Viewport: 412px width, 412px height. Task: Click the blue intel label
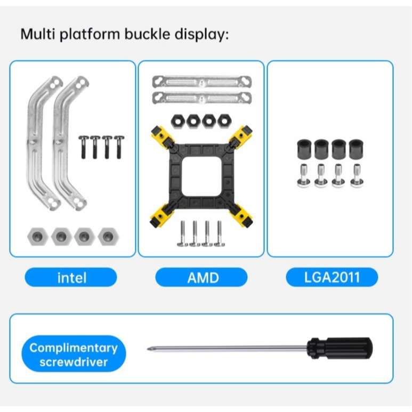[x=71, y=277]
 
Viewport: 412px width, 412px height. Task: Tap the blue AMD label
[x=201, y=277]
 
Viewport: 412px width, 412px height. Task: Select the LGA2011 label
[x=332, y=277]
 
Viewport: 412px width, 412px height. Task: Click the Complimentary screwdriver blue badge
[x=74, y=354]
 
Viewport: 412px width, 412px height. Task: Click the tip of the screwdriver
[x=148, y=349]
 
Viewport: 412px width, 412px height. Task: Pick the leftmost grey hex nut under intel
[x=37, y=237]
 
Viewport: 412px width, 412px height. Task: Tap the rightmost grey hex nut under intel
[x=108, y=237]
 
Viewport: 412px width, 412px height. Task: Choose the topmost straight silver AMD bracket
[x=202, y=82]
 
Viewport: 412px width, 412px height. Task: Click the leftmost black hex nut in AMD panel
[x=178, y=121]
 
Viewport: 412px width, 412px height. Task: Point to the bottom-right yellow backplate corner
[x=241, y=215]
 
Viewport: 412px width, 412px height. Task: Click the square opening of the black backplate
[x=201, y=176]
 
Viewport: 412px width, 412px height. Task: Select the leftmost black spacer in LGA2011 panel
[x=304, y=149]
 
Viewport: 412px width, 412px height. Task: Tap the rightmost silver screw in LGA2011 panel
[x=357, y=175]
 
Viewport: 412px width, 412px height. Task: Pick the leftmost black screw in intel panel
[x=83, y=147]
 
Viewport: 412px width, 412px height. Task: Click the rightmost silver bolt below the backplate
[x=219, y=234]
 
